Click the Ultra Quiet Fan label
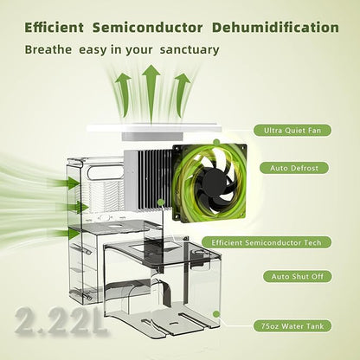(x=292, y=131)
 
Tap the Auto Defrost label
(x=294, y=168)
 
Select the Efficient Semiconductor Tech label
(x=267, y=242)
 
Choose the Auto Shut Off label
(x=297, y=277)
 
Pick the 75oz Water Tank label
(x=292, y=326)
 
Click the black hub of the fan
(x=214, y=182)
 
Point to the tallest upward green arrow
(x=151, y=93)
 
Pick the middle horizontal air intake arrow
(x=72, y=207)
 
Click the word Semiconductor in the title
(x=147, y=28)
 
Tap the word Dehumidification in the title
(x=275, y=28)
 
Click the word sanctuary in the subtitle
(x=190, y=49)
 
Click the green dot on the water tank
(x=216, y=314)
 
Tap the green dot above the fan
(x=216, y=142)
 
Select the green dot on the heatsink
(x=161, y=202)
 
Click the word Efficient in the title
(x=54, y=28)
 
